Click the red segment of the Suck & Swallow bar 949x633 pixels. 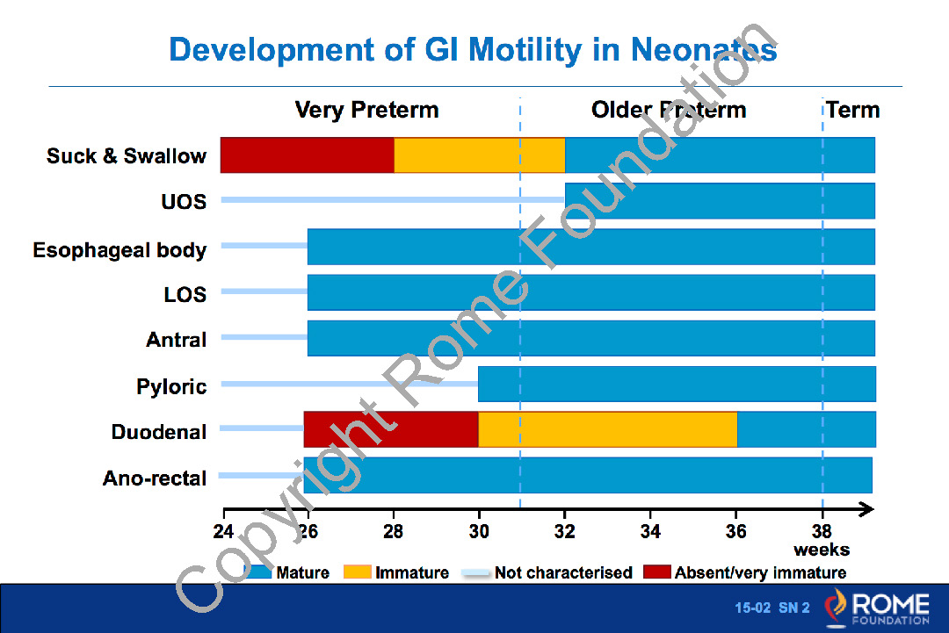pyautogui.click(x=307, y=155)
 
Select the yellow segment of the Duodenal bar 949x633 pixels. pyautogui.click(x=608, y=429)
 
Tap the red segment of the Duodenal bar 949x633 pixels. pyautogui.click(x=391, y=429)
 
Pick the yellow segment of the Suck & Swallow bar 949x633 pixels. pyautogui.click(x=479, y=155)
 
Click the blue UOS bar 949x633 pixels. pyautogui.click(x=720, y=201)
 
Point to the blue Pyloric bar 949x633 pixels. pyautogui.click(x=677, y=384)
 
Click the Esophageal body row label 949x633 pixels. pyautogui.click(x=120, y=250)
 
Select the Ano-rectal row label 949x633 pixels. pyautogui.click(x=155, y=478)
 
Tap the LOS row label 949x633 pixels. pyautogui.click(x=185, y=294)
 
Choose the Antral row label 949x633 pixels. pyautogui.click(x=176, y=340)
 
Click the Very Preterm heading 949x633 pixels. pyautogui.click(x=366, y=110)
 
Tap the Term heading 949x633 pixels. pyautogui.click(x=852, y=110)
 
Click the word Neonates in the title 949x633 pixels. pyautogui.click(x=704, y=49)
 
